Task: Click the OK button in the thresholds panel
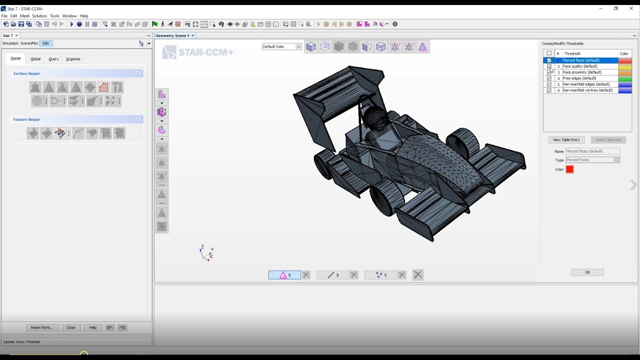[587, 272]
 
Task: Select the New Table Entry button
[566, 140]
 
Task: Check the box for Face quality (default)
[549, 66]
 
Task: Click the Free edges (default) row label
[579, 78]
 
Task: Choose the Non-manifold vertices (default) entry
[587, 90]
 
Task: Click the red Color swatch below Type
[569, 169]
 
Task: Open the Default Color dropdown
[282, 46]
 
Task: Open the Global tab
[35, 59]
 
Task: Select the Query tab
[53, 59]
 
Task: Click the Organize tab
[73, 59]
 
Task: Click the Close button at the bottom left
[71, 327]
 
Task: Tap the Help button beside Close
[92, 327]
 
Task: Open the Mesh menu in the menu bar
[24, 16]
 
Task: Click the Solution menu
[39, 16]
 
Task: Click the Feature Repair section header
[27, 119]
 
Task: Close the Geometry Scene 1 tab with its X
[193, 35]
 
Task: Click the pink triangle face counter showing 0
[284, 275]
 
